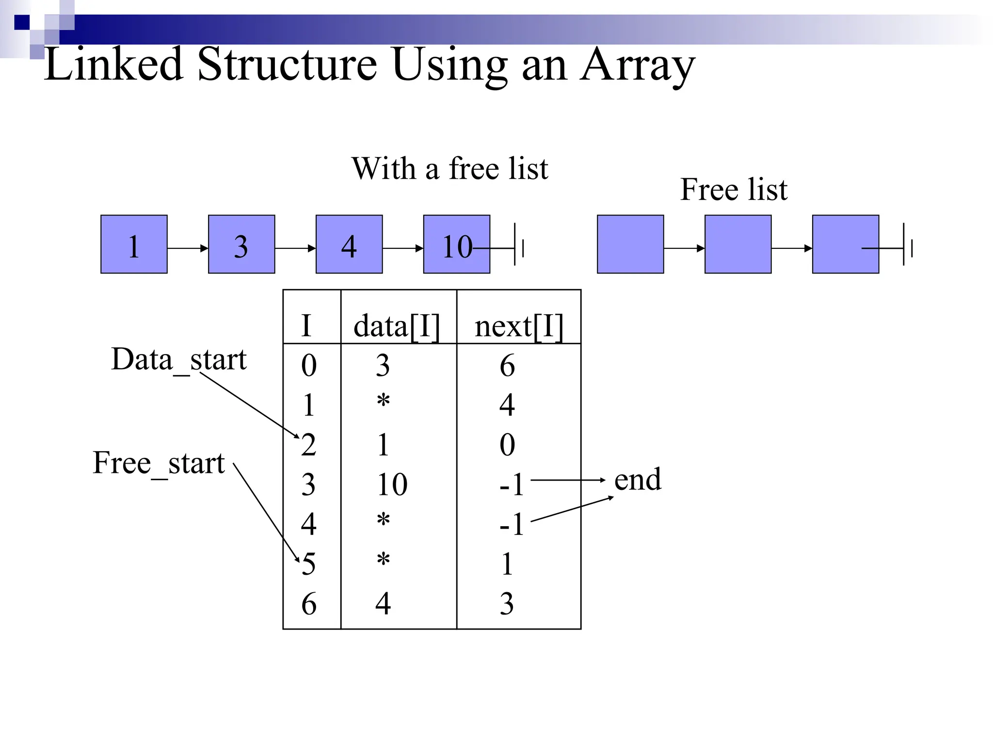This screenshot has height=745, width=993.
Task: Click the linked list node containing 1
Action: click(x=134, y=244)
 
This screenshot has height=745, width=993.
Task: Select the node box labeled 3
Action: click(x=241, y=244)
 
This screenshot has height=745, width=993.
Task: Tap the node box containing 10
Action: click(x=456, y=244)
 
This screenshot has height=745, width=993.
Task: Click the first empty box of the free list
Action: click(x=630, y=244)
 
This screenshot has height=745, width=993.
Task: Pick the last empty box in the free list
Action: click(x=845, y=244)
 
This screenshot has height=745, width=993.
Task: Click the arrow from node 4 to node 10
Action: click(x=402, y=248)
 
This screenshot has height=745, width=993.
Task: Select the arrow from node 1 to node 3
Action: click(x=188, y=248)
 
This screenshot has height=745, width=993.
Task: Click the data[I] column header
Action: click(x=397, y=326)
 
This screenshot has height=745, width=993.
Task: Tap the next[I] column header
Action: click(x=519, y=326)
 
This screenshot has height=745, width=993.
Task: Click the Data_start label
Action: click(x=178, y=360)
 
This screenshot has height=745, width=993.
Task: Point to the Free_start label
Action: click(x=159, y=463)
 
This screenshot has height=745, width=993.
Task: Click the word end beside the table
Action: click(x=638, y=480)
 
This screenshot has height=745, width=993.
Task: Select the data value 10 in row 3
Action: click(x=392, y=484)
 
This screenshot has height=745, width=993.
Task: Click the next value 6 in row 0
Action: click(x=507, y=366)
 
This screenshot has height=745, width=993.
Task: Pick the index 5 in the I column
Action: click(x=309, y=564)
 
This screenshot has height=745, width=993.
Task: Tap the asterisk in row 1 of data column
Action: click(x=383, y=402)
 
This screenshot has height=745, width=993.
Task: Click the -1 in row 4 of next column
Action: click(x=512, y=524)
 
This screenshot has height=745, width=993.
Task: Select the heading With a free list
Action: click(x=449, y=169)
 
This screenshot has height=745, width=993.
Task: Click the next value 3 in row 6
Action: click(x=507, y=604)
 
